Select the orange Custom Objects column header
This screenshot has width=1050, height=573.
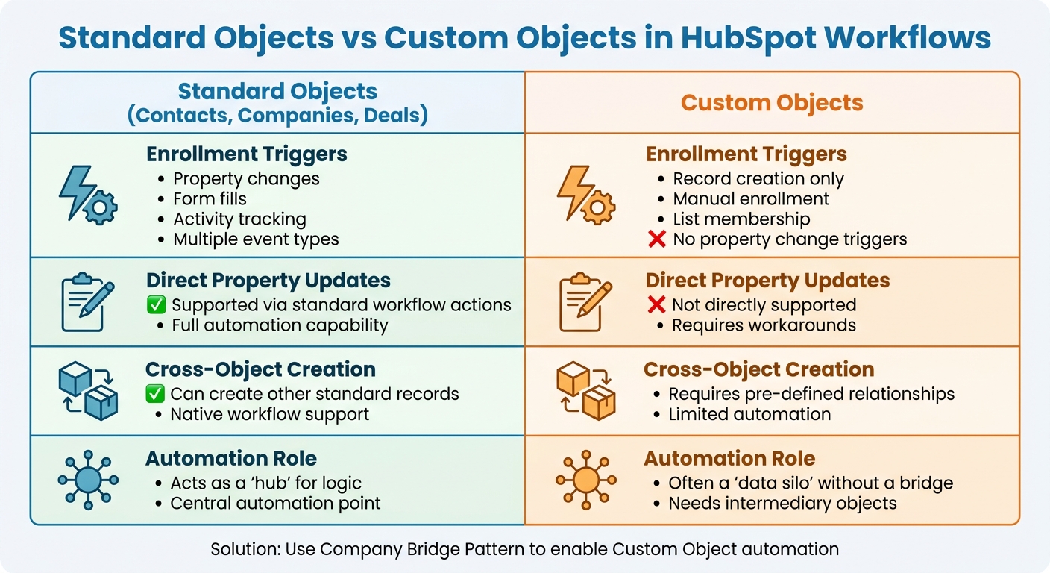point(772,102)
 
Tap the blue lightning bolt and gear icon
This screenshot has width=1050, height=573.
point(87,195)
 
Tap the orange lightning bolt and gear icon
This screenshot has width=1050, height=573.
point(585,195)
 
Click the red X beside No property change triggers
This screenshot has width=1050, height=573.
point(657,239)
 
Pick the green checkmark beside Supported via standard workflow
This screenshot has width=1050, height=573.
point(156,304)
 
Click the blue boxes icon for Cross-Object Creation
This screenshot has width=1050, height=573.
point(87,390)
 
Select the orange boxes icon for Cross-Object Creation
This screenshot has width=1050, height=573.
point(585,390)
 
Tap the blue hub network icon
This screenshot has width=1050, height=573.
point(87,479)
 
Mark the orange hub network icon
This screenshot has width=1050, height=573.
point(585,479)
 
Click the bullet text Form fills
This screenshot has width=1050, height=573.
point(210,199)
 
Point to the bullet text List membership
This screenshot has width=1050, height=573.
point(741,219)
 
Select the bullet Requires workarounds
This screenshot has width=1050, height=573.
point(764,325)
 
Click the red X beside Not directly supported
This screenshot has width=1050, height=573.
point(656,304)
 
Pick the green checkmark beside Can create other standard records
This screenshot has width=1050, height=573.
point(155,393)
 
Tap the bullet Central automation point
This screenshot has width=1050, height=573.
point(275,503)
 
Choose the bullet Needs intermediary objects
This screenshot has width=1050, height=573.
point(782,503)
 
